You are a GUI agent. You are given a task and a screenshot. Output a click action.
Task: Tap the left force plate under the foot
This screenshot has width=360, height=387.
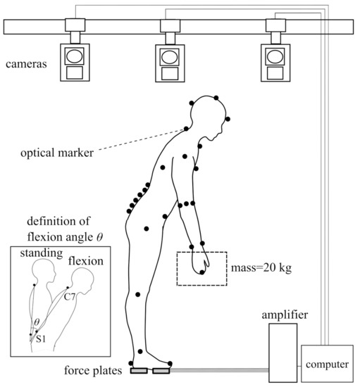[x=138, y=370]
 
